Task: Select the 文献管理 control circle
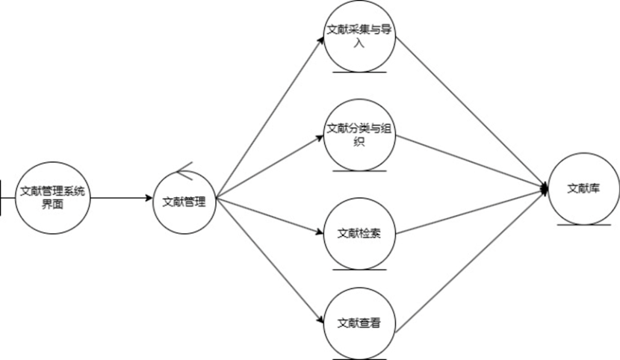[184, 201]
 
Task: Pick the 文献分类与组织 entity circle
[359, 134]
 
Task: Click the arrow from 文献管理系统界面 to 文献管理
[120, 199]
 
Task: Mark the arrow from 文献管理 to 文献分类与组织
[269, 167]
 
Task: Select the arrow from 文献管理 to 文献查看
[269, 261]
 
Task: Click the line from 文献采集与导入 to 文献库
[471, 112]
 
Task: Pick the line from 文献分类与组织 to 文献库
[471, 164]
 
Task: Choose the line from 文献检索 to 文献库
[471, 212]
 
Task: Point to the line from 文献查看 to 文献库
[471, 258]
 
